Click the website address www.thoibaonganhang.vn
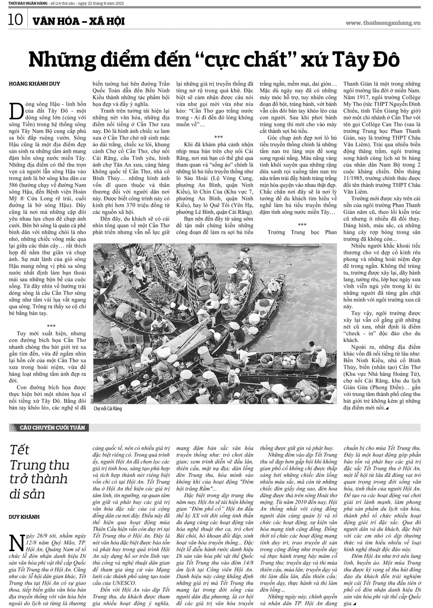pos(383,23)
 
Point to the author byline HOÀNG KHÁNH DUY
pos(34,84)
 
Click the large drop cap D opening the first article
pos(16,111)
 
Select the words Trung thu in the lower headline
pos(39,465)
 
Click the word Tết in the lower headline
pos(19,450)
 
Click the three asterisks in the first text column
pos(51,326)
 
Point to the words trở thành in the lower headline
pos(39,479)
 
